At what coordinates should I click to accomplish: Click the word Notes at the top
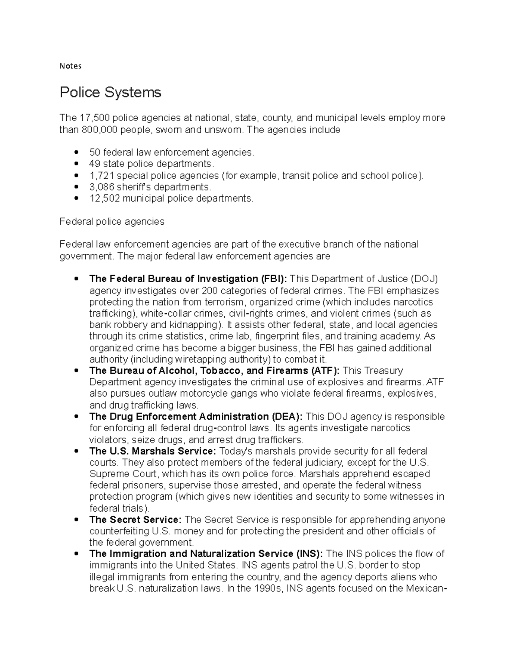coord(70,66)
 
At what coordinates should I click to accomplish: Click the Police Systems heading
coord(110,92)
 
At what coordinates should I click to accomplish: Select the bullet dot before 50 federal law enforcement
coord(76,152)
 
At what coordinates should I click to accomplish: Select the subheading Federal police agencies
coord(112,221)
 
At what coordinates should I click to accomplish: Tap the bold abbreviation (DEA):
coord(287,416)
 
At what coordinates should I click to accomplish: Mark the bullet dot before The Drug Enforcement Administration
coord(76,417)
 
